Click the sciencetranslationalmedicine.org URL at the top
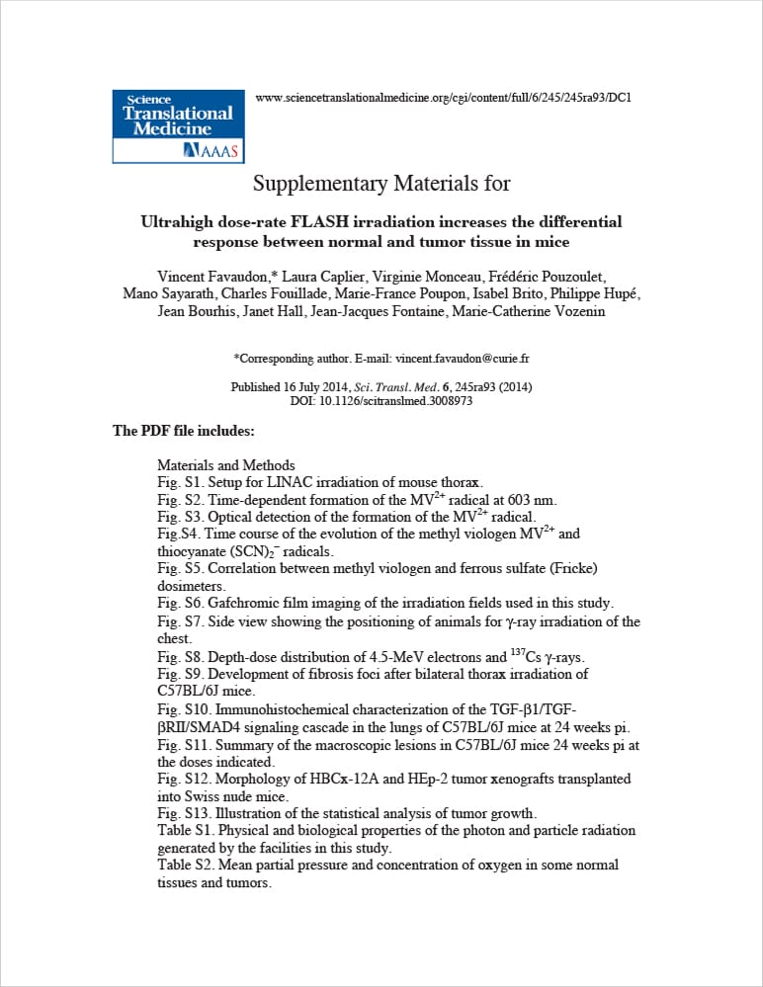click(443, 97)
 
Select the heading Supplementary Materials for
click(381, 184)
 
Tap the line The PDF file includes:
click(184, 431)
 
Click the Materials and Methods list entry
click(225, 465)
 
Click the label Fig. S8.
click(181, 656)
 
